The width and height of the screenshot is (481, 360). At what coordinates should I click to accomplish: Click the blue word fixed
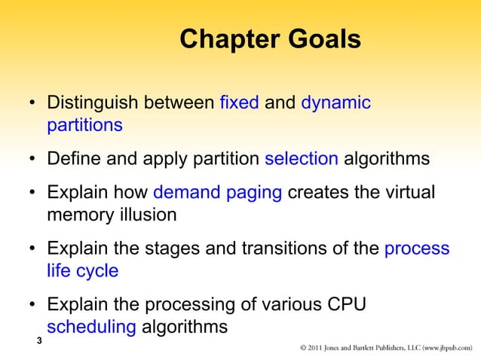click(x=240, y=103)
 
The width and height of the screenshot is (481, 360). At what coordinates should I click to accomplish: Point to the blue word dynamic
click(x=335, y=103)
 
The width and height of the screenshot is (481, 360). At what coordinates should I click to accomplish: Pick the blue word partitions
click(x=84, y=125)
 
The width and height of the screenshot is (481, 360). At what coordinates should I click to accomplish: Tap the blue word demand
click(x=188, y=193)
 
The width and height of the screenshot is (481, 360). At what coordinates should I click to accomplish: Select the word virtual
click(x=407, y=193)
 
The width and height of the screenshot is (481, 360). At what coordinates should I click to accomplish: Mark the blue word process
click(x=416, y=249)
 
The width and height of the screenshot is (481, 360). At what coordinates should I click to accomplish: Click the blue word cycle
click(x=98, y=271)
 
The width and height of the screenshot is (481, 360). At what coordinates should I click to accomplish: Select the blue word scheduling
click(x=91, y=328)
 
